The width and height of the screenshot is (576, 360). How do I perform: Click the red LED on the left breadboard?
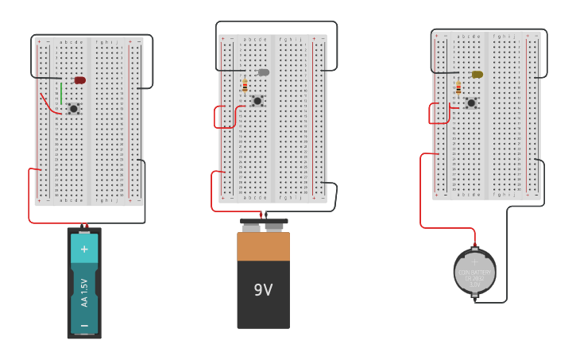coord(79,80)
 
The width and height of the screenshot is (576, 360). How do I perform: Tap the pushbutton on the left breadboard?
coord(73,109)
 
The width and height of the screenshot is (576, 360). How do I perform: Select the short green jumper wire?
coord(61,93)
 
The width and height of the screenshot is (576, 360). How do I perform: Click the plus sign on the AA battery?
coord(84,249)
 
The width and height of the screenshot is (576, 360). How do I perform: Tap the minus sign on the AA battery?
coord(84,325)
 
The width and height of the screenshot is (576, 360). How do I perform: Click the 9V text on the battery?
coord(263,291)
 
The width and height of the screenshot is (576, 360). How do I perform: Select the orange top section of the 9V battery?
coord(263,246)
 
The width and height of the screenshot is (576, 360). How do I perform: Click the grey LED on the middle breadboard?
coord(263,72)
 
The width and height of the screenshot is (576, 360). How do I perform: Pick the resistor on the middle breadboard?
coord(245,85)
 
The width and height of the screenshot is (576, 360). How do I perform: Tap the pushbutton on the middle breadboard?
coord(257,101)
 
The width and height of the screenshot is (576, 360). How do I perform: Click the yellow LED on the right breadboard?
coord(477,75)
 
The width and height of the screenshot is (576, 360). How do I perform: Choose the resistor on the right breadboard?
coord(458,87)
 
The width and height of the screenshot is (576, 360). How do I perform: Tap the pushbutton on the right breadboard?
coord(471,103)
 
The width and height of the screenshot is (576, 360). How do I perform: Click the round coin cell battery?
coord(475,272)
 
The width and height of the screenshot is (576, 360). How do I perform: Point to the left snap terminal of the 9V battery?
coord(251,227)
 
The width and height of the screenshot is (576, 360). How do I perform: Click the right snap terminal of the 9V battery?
coord(274,226)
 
